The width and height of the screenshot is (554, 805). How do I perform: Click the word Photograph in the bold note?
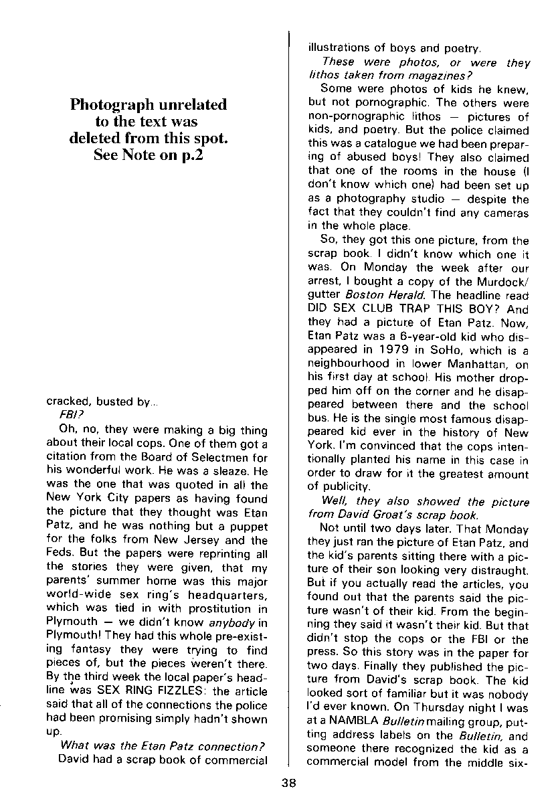coord(107,105)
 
